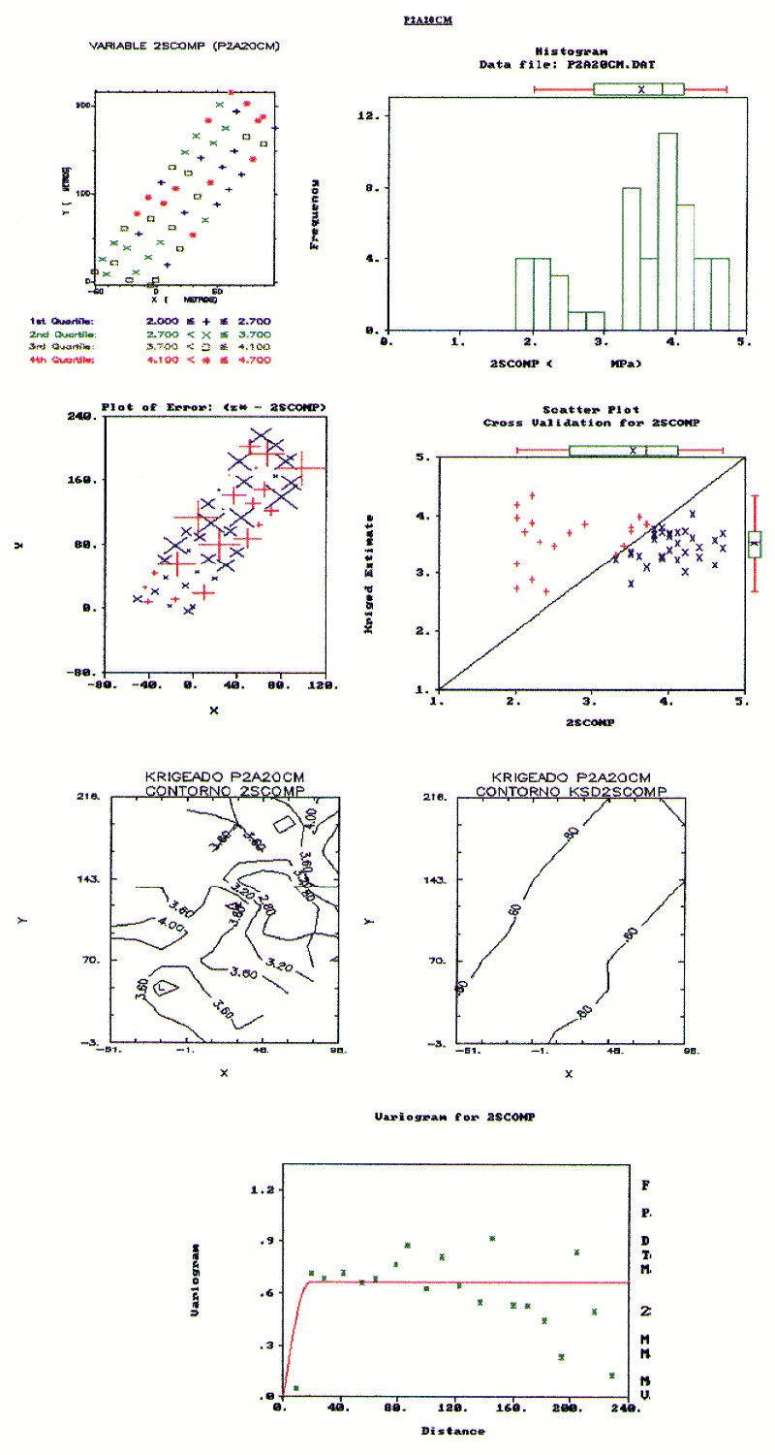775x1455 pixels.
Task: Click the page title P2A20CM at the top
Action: (427, 18)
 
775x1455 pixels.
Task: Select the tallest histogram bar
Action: (667, 231)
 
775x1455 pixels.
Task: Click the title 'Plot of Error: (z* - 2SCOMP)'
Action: (214, 406)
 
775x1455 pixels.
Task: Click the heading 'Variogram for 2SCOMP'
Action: (454, 1117)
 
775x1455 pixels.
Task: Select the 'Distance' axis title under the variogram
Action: (453, 1430)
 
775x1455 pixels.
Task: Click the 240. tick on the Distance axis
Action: (627, 1409)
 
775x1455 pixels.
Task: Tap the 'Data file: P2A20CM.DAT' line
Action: (569, 64)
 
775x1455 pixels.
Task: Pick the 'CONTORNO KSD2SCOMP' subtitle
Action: (569, 791)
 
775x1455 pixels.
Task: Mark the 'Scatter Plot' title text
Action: (591, 410)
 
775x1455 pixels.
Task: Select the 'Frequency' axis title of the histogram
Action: (315, 213)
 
